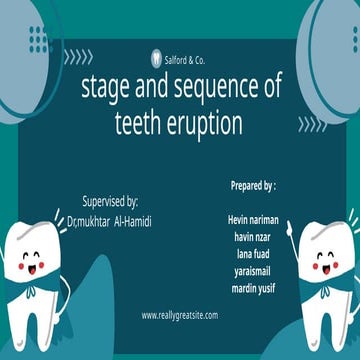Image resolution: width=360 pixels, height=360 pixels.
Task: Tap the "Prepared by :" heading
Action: (x=251, y=186)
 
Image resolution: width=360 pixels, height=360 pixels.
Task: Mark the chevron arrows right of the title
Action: (x=311, y=124)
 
